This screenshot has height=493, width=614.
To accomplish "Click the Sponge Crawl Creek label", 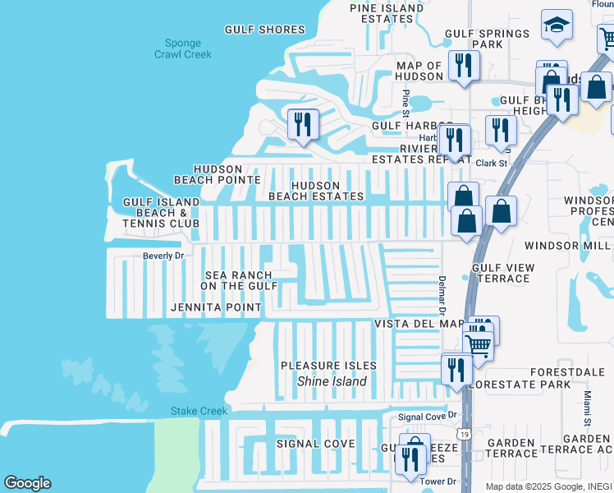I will point(182,48).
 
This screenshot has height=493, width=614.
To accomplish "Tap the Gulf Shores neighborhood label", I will point(265,30).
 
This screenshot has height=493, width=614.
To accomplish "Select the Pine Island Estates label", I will point(387,13).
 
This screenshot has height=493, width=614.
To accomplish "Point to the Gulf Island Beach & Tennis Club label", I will point(161,212).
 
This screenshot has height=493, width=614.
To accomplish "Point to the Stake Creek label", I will point(192,411).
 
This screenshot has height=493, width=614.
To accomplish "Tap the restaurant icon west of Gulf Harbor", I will point(303,125).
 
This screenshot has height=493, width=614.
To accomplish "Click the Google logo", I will point(27,483).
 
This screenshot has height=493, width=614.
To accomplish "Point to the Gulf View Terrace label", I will point(503,273).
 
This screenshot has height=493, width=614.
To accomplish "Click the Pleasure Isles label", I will point(328,366).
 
